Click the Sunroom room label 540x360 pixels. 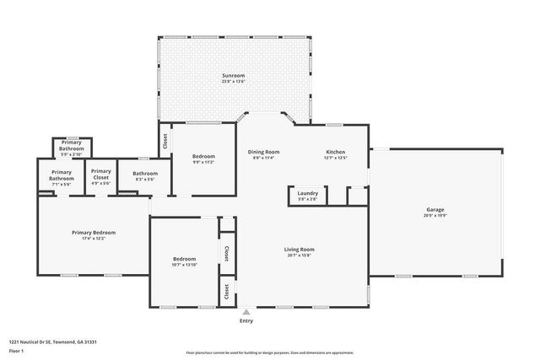[x=233, y=76]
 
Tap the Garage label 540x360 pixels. [x=435, y=209]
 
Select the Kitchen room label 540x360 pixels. [x=336, y=152]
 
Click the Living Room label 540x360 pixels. [x=299, y=249]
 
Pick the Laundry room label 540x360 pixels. [x=307, y=193]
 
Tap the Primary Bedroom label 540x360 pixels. [x=93, y=232]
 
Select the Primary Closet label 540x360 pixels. [x=101, y=175]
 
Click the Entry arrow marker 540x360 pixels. [x=246, y=312]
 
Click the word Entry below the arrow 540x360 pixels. [x=246, y=320]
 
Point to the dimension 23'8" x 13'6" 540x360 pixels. [x=233, y=82]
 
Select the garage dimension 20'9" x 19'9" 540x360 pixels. [x=435, y=215]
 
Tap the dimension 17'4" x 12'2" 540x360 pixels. [x=93, y=238]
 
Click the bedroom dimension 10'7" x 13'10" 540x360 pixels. [x=185, y=265]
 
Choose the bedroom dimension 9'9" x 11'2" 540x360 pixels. [x=202, y=162]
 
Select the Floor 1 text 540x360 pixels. [x=17, y=350]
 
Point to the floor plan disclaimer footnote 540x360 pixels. [x=270, y=352]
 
